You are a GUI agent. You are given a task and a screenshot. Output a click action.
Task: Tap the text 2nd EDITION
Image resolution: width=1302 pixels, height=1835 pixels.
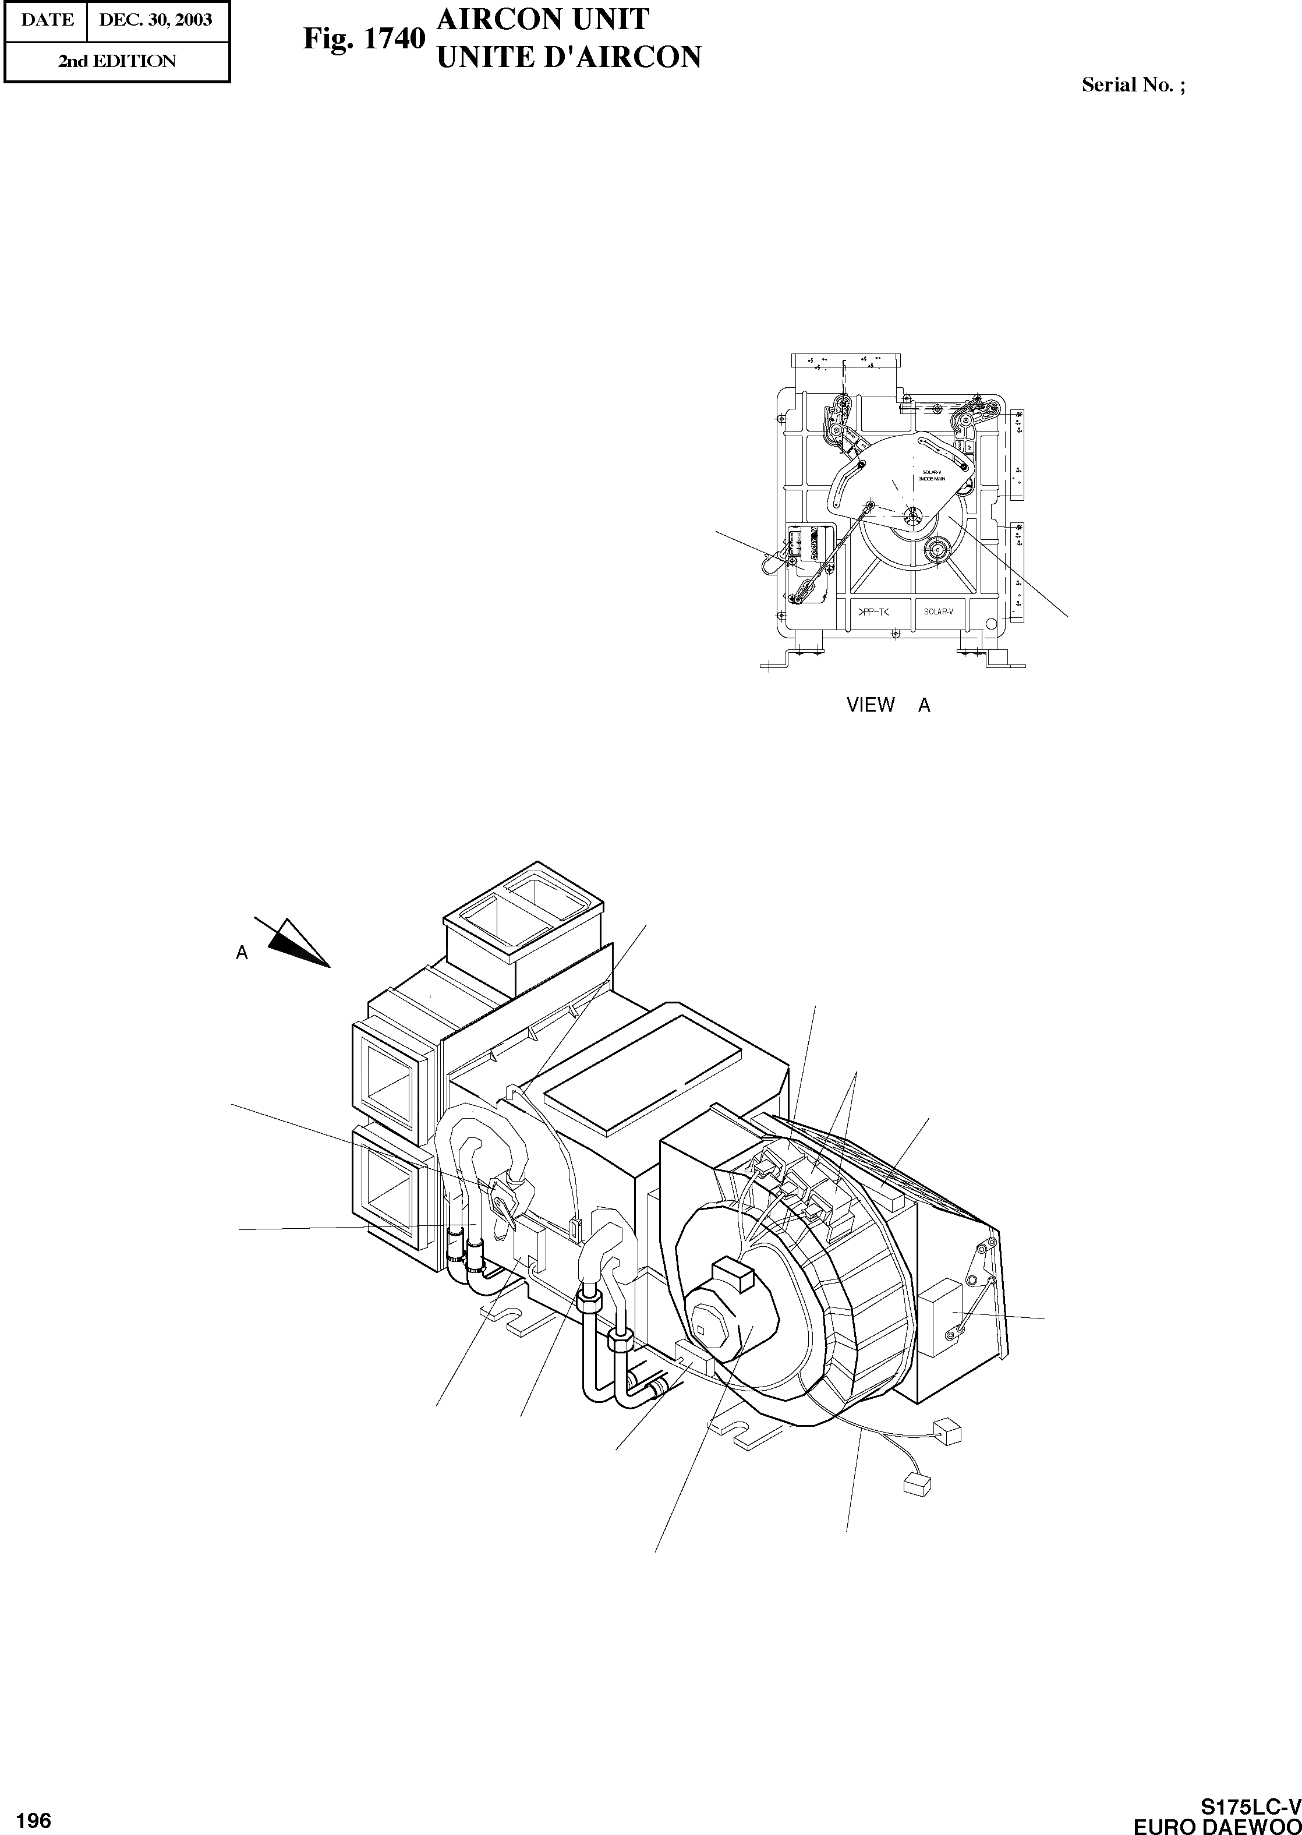coord(116,61)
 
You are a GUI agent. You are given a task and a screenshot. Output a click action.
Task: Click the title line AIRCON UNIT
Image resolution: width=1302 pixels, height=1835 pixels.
coord(542,19)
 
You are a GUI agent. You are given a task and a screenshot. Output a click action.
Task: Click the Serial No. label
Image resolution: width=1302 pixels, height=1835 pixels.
coord(1133,85)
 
